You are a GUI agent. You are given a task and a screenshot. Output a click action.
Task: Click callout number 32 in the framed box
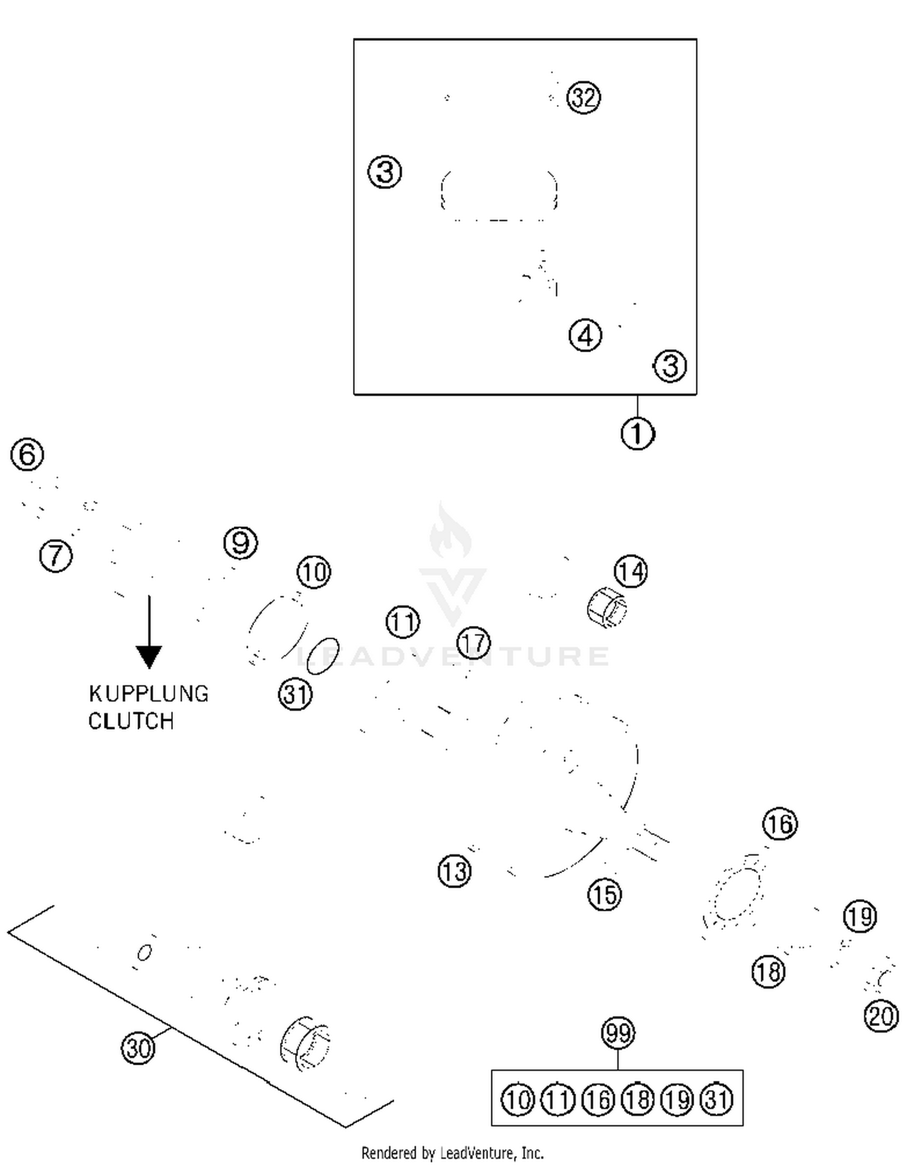(x=584, y=97)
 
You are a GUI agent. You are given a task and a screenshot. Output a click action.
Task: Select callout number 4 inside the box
(x=585, y=335)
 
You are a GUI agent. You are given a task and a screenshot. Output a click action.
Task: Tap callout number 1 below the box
(x=637, y=433)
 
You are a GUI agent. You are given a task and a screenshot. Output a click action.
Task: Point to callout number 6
(x=27, y=454)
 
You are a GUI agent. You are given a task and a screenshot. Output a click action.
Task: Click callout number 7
(x=56, y=555)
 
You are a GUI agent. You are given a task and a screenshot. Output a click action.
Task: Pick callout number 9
(x=241, y=543)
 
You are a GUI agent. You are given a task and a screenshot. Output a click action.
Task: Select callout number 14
(x=631, y=571)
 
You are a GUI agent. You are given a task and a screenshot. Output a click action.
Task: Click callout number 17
(x=473, y=642)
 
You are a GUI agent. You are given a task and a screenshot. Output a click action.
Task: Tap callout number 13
(x=454, y=871)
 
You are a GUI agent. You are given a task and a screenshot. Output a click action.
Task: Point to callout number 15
(x=604, y=894)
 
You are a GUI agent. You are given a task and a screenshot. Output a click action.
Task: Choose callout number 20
(x=881, y=1016)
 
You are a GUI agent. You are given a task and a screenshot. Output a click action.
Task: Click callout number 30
(x=138, y=1047)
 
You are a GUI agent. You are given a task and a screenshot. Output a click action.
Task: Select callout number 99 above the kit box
(x=618, y=1033)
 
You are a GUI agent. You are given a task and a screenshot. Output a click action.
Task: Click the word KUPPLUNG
(x=149, y=694)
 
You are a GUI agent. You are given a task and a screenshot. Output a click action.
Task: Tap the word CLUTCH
(x=131, y=721)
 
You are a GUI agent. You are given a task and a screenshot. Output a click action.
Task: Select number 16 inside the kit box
(x=597, y=1099)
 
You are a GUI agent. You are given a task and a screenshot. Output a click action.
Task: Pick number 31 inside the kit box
(x=717, y=1099)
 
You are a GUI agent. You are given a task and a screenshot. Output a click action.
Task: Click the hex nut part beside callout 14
(x=606, y=607)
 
